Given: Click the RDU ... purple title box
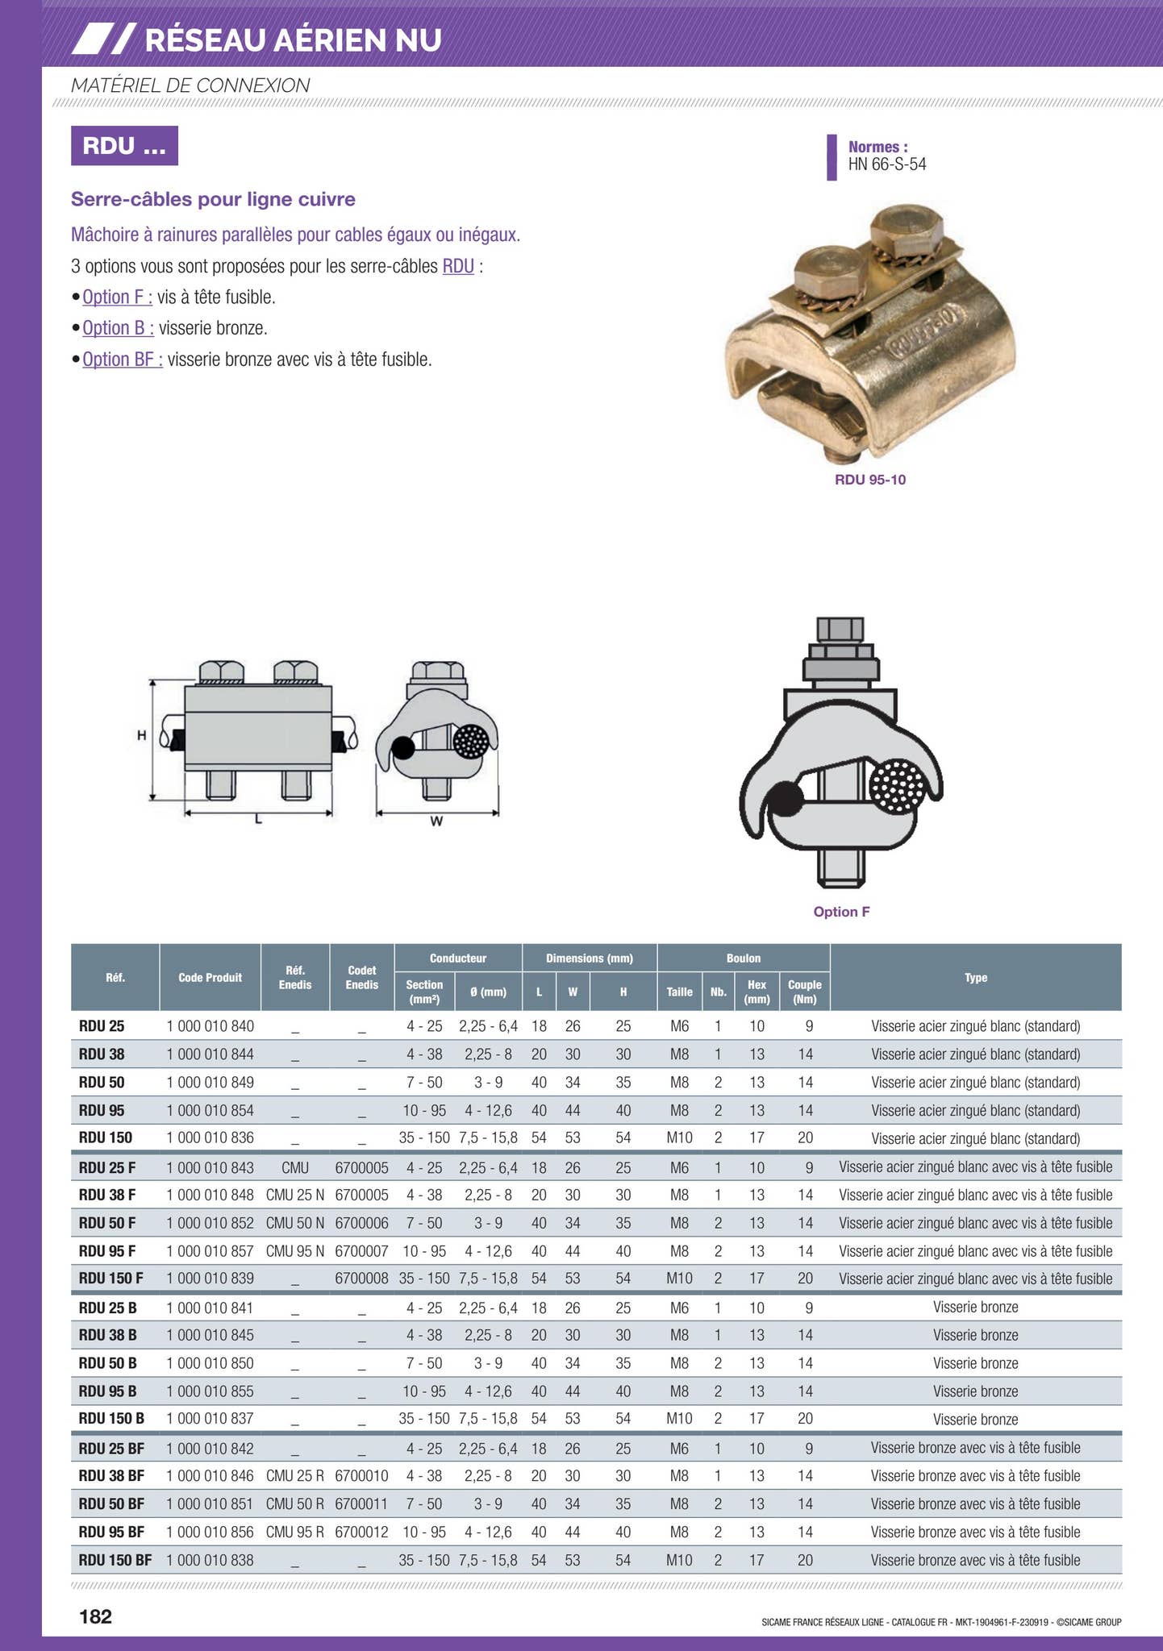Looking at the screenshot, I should (124, 146).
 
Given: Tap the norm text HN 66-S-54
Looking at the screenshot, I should (886, 164).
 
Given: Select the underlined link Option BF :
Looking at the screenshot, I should (123, 360).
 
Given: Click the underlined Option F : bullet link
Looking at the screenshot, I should (117, 297).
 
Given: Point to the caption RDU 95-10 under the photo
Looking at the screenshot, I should (869, 480).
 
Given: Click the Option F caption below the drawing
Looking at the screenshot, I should (841, 912).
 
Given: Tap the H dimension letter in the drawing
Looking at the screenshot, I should (141, 735).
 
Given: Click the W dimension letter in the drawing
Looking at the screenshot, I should (436, 821).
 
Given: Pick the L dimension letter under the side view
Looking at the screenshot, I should (258, 820).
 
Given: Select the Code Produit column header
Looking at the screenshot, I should (210, 977).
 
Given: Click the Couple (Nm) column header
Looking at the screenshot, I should (804, 992).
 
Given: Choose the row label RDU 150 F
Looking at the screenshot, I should (111, 1279).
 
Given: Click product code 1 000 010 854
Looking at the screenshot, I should (210, 1110).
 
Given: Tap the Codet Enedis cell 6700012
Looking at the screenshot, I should (361, 1532).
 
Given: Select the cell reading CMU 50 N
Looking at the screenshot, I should (295, 1223).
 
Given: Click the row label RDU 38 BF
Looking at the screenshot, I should (111, 1475).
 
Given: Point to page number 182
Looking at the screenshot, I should (95, 1616).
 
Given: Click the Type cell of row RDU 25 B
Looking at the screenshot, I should (975, 1307).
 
